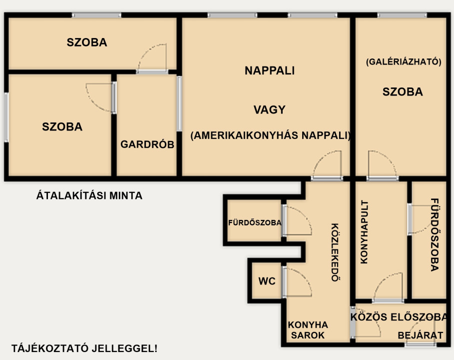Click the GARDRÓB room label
147,144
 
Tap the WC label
267,281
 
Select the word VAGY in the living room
270,110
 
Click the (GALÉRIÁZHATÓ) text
404,61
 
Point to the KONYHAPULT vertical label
364,232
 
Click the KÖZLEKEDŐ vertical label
336,252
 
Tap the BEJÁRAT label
421,335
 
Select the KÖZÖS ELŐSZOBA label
399,317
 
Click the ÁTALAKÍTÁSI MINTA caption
89,195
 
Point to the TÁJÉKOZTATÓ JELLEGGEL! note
84,348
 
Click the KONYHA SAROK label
308,330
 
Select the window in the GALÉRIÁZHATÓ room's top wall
402,15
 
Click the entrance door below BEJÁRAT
421,344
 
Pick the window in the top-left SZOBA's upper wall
96,15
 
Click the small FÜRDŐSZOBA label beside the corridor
255,222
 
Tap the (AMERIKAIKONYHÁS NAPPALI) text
270,135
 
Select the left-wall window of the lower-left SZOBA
6,117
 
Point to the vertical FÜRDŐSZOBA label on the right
435,235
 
